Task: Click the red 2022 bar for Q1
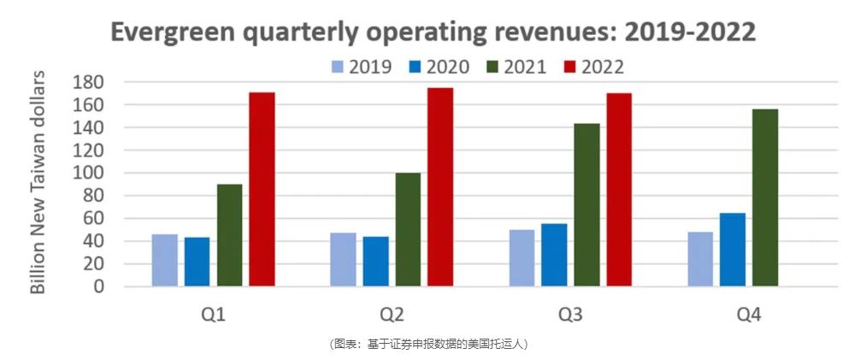pos(262,189)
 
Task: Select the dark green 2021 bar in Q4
pos(765,198)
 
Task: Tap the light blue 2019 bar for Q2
pos(343,259)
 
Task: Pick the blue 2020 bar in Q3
pos(554,255)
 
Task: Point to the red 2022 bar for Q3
pos(619,189)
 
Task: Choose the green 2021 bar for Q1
pos(229,235)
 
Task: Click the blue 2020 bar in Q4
pos(733,249)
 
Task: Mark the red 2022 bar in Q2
pos(440,187)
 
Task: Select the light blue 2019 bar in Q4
pos(700,258)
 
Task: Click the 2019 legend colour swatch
pos(338,67)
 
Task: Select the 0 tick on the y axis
pos(98,286)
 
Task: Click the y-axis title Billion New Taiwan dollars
pos(38,184)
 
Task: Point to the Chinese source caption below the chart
pos(429,344)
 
